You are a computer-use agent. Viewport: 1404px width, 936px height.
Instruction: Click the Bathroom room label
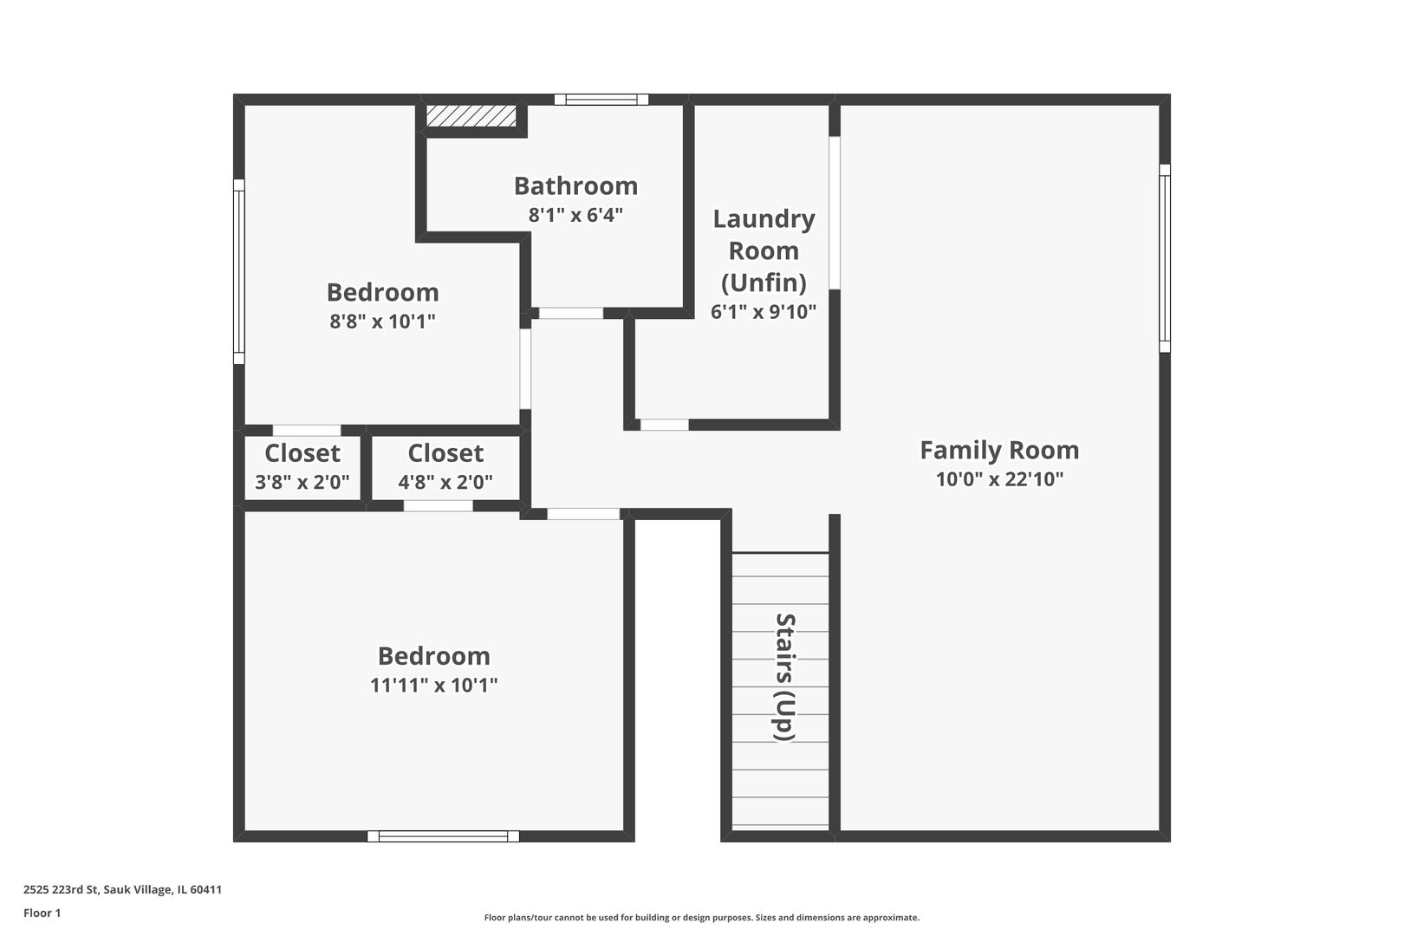pos(575,185)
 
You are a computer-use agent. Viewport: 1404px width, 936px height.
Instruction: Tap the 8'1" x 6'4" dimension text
pos(575,215)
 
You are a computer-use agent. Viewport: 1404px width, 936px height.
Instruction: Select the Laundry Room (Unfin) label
pos(764,250)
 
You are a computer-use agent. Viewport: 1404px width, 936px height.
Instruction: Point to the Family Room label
pos(999,450)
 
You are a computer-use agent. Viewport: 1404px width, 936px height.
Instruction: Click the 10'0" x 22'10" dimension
pos(999,479)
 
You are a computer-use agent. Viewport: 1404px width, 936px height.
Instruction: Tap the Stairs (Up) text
pos(784,677)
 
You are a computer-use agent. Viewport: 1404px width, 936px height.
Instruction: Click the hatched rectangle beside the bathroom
pos(471,116)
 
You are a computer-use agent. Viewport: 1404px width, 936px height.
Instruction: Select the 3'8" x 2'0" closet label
pos(302,483)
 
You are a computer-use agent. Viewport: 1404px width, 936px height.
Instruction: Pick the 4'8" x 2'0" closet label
pos(445,483)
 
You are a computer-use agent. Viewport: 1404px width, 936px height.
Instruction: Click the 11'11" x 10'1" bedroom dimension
pos(433,686)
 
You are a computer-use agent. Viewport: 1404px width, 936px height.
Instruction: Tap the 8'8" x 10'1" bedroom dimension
pos(382,322)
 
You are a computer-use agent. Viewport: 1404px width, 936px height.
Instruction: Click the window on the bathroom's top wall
pos(601,100)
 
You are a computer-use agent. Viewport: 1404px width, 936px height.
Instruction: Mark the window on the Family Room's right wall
pos(1165,258)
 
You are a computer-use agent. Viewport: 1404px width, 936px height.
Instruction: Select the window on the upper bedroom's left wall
pos(239,271)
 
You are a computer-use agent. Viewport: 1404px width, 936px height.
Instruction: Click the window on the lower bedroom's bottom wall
pos(443,836)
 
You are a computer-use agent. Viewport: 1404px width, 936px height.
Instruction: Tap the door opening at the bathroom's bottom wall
pos(571,314)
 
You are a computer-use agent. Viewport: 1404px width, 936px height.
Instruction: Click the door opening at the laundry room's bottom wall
pos(664,425)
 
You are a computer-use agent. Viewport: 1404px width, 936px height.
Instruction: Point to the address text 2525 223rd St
pos(122,889)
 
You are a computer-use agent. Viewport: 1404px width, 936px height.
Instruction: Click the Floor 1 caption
pos(42,913)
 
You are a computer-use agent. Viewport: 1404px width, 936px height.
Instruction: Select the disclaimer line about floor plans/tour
pos(701,917)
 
